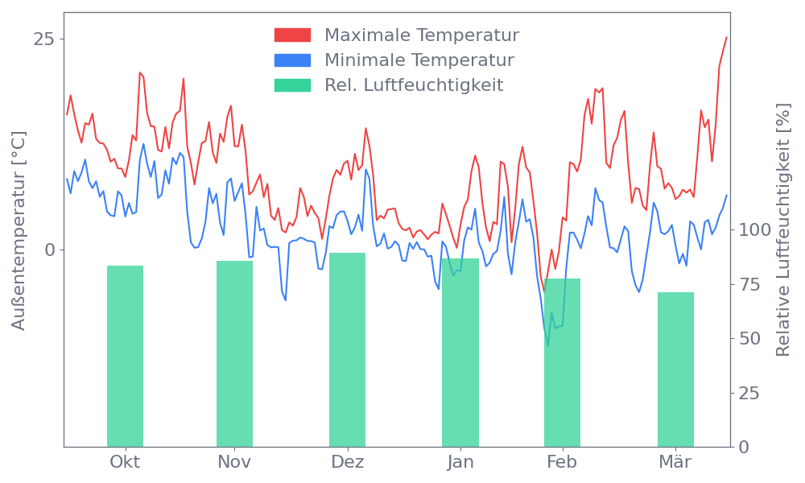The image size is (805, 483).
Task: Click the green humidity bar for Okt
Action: tap(125, 356)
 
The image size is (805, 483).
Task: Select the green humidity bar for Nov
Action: tap(234, 353)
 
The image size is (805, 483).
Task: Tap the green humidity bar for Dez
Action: tap(347, 349)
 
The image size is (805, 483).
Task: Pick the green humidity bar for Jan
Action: tap(460, 353)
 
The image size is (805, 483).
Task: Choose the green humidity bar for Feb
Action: tap(562, 362)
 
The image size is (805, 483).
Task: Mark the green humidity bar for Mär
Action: tap(675, 369)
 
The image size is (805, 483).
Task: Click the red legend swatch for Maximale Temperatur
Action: tap(292, 35)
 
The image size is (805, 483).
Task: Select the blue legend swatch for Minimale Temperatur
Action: tap(292, 60)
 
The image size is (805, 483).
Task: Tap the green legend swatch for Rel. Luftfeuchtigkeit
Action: tap(292, 85)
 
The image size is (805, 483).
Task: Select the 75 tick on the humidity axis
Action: tap(751, 284)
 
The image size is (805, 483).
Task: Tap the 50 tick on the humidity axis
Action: tap(751, 338)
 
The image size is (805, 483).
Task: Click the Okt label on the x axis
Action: tap(125, 462)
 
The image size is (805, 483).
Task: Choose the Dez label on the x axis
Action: tap(347, 462)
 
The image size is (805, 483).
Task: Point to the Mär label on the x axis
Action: tap(675, 462)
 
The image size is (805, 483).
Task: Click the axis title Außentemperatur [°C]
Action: tap(19, 231)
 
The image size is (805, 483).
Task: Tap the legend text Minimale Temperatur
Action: tap(419, 60)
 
